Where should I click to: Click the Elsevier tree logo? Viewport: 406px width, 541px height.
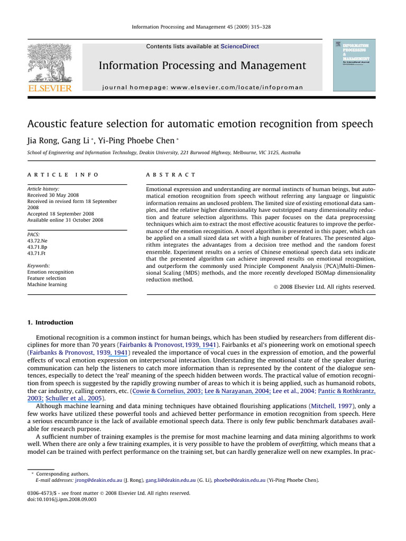(49, 63)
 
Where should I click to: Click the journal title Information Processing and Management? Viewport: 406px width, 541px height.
(202, 66)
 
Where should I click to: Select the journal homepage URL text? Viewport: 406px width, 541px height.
(202, 87)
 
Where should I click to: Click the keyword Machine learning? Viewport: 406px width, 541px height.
(47, 284)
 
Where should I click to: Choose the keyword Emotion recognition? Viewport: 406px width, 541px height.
(50, 272)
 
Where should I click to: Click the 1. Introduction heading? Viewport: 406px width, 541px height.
(50, 322)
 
